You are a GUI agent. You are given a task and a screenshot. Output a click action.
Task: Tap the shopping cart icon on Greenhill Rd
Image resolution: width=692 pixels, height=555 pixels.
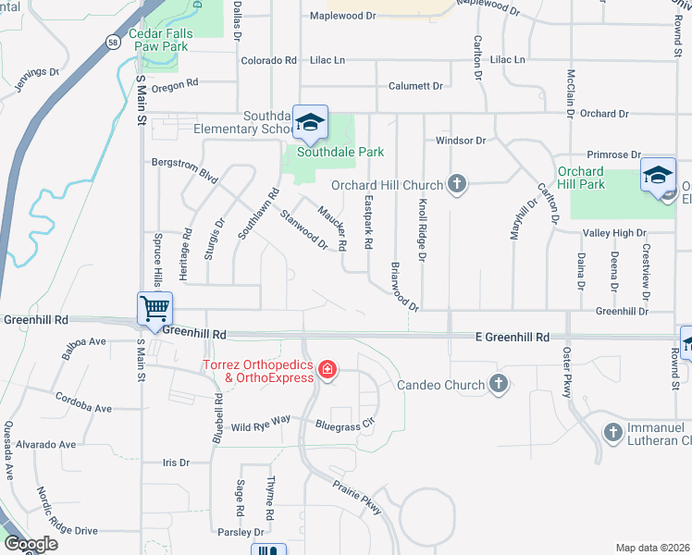[154, 308]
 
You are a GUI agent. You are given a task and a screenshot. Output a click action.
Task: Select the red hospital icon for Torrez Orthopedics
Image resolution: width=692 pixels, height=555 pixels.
[327, 371]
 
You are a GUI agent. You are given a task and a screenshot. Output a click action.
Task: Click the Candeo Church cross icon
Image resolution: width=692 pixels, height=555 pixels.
[499, 384]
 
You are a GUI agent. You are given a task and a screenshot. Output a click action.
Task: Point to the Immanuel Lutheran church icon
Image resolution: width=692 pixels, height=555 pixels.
[612, 432]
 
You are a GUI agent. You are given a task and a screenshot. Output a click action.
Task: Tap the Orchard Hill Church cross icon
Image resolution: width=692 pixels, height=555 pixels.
[455, 183]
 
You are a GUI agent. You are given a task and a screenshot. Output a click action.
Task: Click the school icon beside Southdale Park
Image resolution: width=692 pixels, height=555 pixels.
[311, 121]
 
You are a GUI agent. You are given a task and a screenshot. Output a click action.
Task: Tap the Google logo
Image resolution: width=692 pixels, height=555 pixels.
[30, 544]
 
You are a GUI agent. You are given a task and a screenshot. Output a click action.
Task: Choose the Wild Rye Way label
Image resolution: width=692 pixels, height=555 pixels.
[261, 424]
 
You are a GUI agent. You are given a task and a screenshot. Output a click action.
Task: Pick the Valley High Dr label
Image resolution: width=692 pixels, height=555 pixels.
[613, 234]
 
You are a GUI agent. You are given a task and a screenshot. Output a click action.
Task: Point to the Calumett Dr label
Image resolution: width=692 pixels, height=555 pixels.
[415, 86]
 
